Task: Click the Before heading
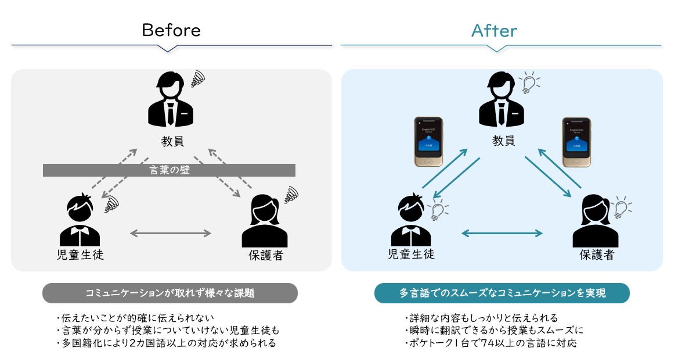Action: coord(171,30)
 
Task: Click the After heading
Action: coord(494,30)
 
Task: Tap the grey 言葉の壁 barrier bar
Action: coord(169,170)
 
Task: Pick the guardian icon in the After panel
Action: coord(596,224)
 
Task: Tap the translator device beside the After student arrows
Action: coord(426,142)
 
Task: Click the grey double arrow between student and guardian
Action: coord(170,233)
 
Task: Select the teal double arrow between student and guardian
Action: coord(502,233)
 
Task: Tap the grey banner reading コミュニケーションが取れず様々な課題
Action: coord(169,293)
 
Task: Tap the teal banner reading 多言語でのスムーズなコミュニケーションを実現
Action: coord(502,293)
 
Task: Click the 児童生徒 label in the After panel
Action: coord(411,255)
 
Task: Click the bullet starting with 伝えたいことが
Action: coord(136,318)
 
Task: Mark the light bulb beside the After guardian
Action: coord(622,208)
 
